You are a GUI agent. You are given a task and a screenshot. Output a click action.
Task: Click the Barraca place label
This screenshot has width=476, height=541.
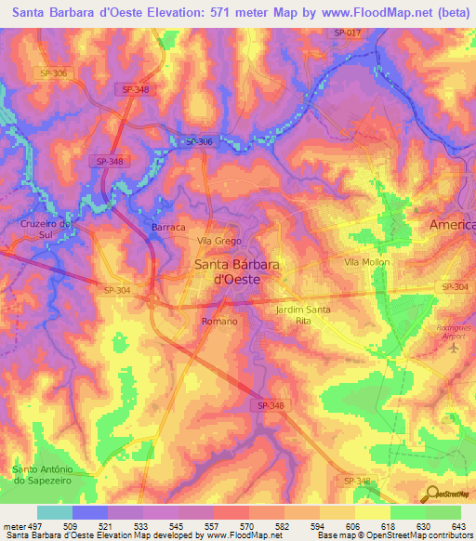[168, 227]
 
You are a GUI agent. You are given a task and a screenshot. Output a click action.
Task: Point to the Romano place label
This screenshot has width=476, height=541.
[219, 321]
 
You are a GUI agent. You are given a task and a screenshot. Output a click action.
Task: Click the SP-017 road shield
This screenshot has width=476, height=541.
[347, 33]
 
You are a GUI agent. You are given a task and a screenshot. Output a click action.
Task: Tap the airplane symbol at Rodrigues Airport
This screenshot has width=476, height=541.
[454, 349]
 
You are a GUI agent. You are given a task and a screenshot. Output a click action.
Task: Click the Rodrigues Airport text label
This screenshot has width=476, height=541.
[454, 330]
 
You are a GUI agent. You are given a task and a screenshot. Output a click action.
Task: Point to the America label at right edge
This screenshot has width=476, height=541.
[452, 225]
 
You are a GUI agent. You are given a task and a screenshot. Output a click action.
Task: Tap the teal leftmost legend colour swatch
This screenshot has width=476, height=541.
[55, 512]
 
